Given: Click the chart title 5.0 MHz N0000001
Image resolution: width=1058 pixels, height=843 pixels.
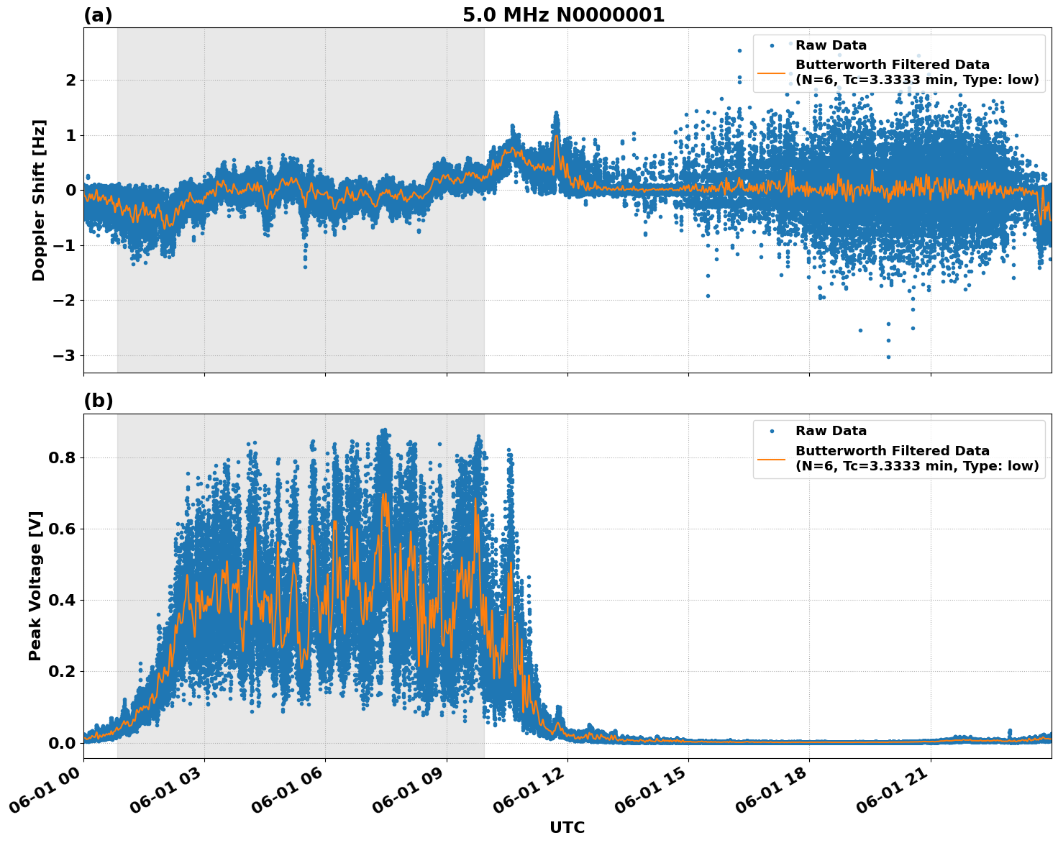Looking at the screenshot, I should (x=563, y=15).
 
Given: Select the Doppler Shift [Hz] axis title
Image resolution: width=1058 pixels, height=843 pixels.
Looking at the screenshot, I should (x=39, y=200).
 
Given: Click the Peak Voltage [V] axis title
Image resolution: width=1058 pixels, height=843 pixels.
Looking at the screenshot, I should (x=36, y=585).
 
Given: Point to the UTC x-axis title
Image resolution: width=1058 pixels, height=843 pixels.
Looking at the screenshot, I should (x=567, y=827).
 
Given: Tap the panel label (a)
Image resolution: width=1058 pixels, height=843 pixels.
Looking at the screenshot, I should (x=98, y=15).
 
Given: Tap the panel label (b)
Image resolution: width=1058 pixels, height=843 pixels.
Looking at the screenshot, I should (x=99, y=401).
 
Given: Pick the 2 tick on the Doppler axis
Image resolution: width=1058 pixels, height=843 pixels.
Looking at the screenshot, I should (x=71, y=80).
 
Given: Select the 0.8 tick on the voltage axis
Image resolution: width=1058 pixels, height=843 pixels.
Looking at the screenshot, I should (x=61, y=457).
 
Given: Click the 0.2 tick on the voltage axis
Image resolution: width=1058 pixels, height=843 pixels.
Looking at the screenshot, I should (x=61, y=671).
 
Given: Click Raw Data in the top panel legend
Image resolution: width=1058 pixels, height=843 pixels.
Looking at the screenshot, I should (x=831, y=45).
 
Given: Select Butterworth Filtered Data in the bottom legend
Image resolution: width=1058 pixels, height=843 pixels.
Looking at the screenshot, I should (x=892, y=451).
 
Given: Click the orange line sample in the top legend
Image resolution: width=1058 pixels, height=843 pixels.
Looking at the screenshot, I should (x=772, y=73).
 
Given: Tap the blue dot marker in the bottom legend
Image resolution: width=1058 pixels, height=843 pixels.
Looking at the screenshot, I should (x=772, y=432).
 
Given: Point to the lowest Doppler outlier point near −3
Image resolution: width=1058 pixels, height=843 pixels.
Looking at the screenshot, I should (x=888, y=357).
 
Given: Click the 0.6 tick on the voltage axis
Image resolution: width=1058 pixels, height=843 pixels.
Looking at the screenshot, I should (x=61, y=529).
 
